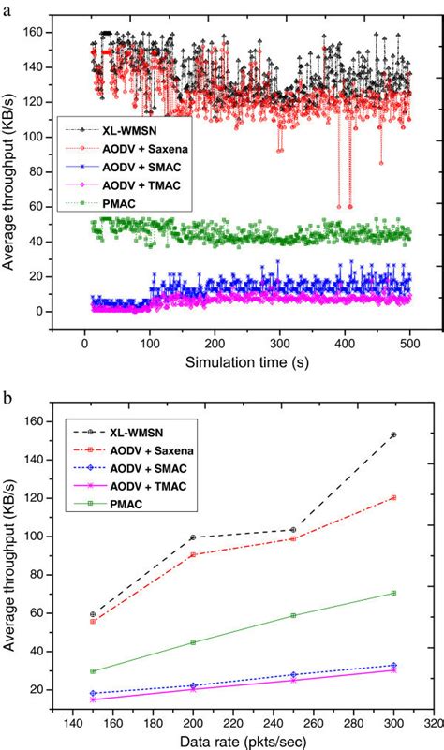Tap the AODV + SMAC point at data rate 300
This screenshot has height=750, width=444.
pyautogui.click(x=393, y=665)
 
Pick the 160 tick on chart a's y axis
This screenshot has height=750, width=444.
pyautogui.click(x=39, y=33)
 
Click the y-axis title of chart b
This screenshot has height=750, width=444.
pyautogui.click(x=11, y=556)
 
